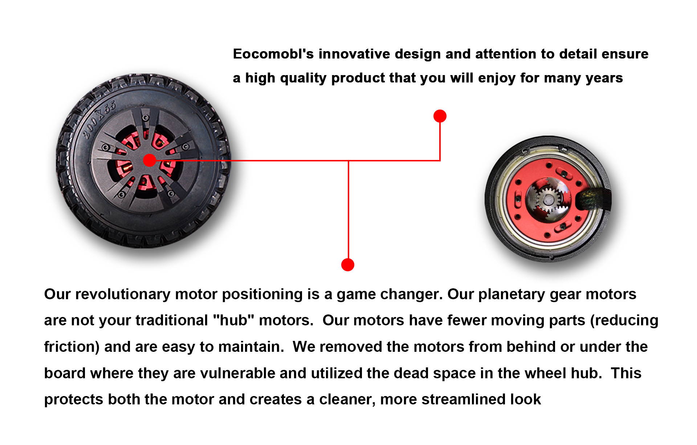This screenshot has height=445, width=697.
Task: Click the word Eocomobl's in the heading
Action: [273, 54]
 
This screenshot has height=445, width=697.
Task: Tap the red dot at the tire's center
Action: [149, 160]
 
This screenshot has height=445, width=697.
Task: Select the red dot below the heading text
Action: [440, 116]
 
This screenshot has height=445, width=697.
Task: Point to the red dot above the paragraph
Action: [348, 265]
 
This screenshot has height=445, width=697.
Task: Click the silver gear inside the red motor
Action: [547, 199]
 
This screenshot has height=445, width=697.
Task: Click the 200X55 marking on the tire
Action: [99, 119]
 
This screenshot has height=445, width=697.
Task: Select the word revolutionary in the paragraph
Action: [123, 294]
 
